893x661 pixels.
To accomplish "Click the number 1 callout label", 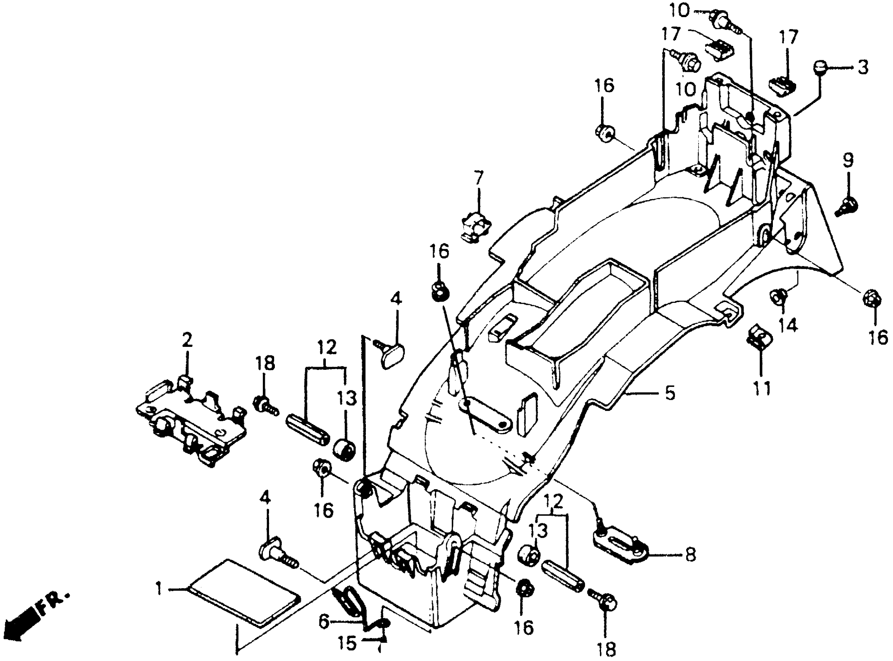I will click(160, 589).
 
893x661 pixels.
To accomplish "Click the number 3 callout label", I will click(863, 68).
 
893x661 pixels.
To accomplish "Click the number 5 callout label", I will click(670, 394).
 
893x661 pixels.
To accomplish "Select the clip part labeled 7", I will click(476, 229).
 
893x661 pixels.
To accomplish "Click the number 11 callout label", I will click(761, 388).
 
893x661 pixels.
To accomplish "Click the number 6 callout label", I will click(324, 622).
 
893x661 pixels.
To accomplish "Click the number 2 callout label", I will click(187, 341).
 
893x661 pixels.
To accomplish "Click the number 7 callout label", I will click(479, 178).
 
